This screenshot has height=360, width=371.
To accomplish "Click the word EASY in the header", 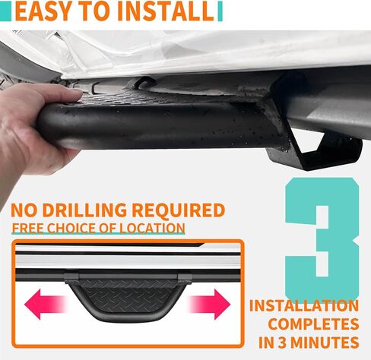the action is click(43, 11).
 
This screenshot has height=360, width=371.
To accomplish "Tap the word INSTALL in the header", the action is click(166, 11).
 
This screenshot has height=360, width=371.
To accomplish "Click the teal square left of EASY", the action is click(5, 11).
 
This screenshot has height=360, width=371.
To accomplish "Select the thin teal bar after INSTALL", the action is click(220, 11).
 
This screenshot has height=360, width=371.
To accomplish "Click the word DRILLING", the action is click(84, 210).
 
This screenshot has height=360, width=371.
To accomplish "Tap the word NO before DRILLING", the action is click(24, 210).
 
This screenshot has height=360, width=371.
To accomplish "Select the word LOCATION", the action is click(152, 228).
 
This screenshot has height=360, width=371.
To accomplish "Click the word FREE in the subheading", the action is click(27, 228).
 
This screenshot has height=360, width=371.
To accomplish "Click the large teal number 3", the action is click(322, 238).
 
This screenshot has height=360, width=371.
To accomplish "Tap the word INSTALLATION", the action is click(304, 305).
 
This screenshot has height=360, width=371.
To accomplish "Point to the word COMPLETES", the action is click(313, 324).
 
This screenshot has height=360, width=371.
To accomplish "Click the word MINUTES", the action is click(325, 343).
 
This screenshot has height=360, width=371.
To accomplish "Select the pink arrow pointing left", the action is click(45, 305).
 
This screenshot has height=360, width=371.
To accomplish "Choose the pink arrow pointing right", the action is click(209, 305).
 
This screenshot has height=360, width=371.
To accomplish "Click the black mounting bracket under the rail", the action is click(314, 150).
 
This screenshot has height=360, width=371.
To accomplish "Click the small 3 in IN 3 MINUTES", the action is click(282, 343).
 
